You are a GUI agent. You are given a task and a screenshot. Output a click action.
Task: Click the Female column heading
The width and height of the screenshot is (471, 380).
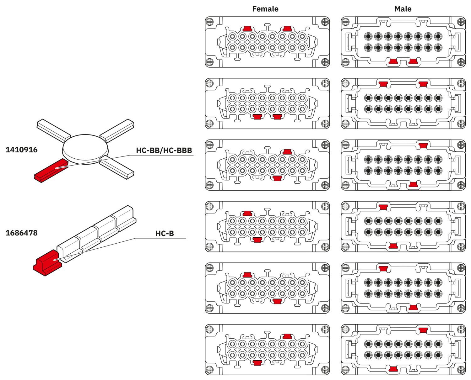click(x=265, y=9)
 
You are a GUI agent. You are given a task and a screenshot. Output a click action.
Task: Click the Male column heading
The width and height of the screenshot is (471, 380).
click(x=403, y=9)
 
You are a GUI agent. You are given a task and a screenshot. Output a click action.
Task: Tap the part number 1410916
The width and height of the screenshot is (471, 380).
click(x=21, y=150)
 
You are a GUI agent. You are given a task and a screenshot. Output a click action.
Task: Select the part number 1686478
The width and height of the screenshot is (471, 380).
click(x=21, y=233)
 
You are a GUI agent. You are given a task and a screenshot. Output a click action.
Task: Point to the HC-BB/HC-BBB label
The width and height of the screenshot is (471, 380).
click(x=164, y=150)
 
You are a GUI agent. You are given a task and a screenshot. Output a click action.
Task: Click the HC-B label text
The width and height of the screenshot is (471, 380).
click(x=165, y=234)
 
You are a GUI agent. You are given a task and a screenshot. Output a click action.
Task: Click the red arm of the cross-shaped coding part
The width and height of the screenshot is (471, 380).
click(x=50, y=170)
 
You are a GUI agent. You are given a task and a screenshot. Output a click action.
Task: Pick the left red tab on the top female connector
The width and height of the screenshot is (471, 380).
click(x=247, y=29)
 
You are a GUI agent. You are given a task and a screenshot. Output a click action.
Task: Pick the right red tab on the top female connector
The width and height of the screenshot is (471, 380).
click(x=287, y=29)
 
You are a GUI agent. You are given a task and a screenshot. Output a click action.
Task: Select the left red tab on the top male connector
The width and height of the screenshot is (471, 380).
click(x=393, y=61)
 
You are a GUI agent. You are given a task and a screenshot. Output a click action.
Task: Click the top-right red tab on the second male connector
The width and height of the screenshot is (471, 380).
click(x=423, y=84)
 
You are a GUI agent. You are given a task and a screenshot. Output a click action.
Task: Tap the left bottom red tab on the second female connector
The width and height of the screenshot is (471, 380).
click(x=257, y=117)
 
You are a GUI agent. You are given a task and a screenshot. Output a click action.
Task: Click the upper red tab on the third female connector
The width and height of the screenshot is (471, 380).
click(x=287, y=152)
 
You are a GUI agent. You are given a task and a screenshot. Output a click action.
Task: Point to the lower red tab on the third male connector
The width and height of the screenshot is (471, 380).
click(x=413, y=184)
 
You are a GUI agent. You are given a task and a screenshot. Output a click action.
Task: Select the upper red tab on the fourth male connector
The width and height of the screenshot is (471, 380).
click(x=383, y=207)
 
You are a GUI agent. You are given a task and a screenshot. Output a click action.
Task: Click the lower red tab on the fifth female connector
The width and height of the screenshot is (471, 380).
click(x=277, y=301)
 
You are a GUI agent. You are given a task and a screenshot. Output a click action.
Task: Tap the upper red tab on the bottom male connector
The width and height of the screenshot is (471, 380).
click(x=423, y=330)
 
